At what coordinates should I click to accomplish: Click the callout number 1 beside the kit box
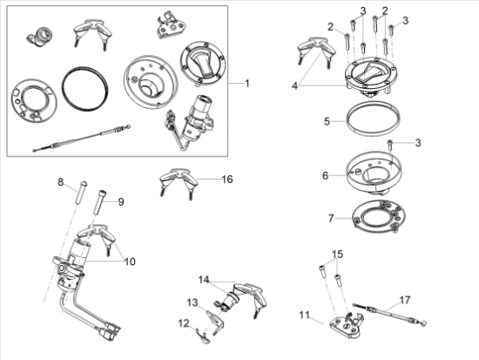tap(247, 83)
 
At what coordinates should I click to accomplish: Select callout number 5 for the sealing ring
tap(327, 121)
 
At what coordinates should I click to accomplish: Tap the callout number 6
tap(326, 175)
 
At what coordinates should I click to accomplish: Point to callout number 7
tap(331, 219)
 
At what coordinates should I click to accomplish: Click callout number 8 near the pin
tap(60, 182)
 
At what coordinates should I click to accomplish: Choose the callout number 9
tap(121, 202)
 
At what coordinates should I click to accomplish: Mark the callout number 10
tap(130, 262)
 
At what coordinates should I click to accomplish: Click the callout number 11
tap(304, 315)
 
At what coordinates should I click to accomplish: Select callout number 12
tap(184, 323)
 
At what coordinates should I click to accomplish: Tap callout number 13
tap(192, 302)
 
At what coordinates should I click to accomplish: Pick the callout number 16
tap(227, 180)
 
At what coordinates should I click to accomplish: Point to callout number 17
tap(405, 300)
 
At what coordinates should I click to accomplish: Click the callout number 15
tap(338, 255)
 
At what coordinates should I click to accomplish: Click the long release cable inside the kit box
tap(83, 138)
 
